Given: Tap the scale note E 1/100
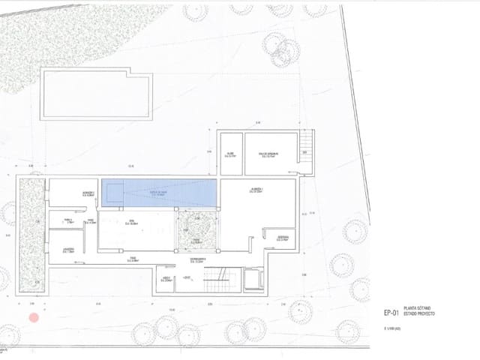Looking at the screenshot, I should [x=393, y=328].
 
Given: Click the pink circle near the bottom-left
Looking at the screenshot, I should [x=33, y=318].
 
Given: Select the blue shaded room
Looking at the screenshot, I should [x=160, y=193].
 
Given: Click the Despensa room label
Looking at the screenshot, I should [x=283, y=239].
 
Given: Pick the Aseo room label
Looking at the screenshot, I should [x=165, y=279].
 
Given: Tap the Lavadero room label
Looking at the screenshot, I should [x=67, y=250].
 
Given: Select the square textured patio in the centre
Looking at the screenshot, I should [x=196, y=229].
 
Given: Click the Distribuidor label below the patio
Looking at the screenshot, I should [x=198, y=260].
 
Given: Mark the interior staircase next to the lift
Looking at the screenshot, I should [x=216, y=281].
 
